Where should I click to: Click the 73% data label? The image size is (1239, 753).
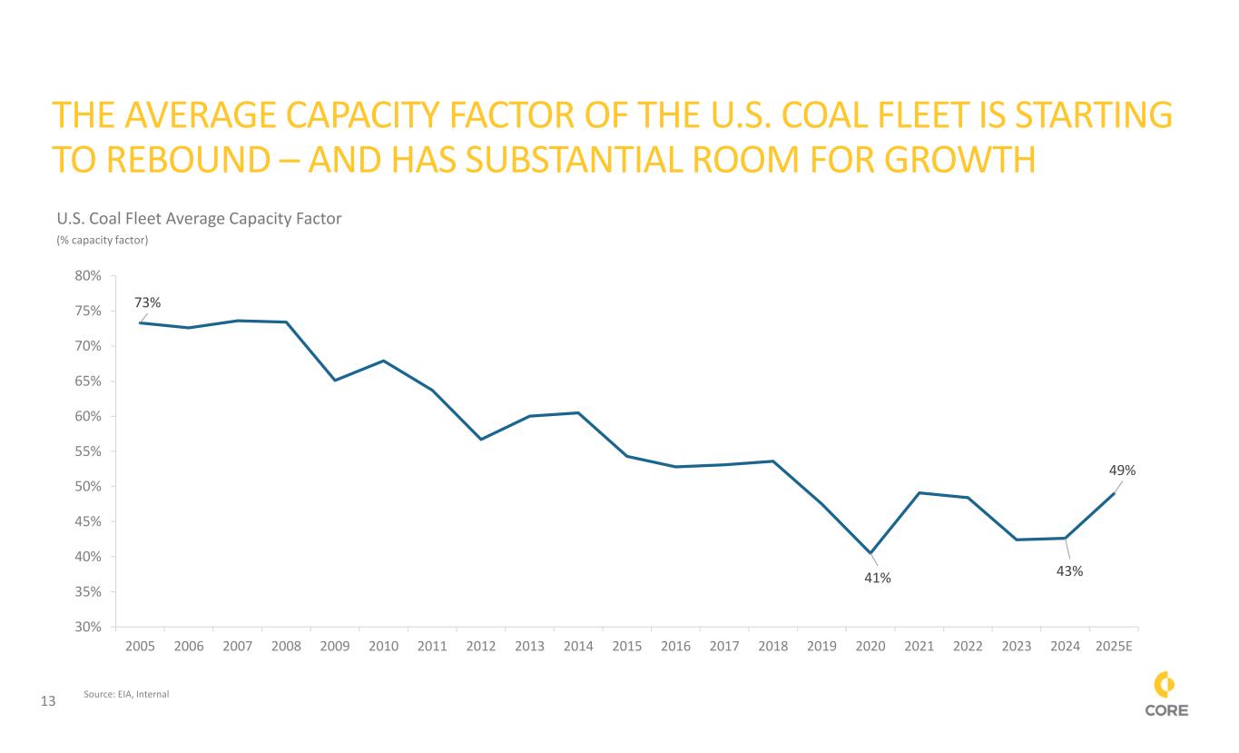click(148, 302)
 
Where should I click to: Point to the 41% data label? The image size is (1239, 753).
click(877, 578)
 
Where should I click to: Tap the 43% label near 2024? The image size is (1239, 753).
click(1070, 571)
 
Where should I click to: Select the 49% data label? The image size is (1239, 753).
click(1122, 471)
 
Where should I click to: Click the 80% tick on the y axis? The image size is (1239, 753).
click(89, 275)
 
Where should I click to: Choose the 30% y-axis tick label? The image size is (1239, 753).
click(89, 627)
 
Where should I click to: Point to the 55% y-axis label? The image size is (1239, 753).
click(89, 451)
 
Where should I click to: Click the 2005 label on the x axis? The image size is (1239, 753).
click(140, 646)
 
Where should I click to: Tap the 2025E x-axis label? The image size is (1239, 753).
click(1114, 646)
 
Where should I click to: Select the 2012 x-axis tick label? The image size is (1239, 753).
click(480, 646)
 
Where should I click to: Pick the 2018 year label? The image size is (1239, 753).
click(772, 646)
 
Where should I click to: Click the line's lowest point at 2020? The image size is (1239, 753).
click(870, 552)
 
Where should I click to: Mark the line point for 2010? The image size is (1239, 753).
click(384, 361)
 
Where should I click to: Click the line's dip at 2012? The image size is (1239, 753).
click(481, 440)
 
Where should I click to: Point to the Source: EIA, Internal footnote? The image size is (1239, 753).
click(126, 694)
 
